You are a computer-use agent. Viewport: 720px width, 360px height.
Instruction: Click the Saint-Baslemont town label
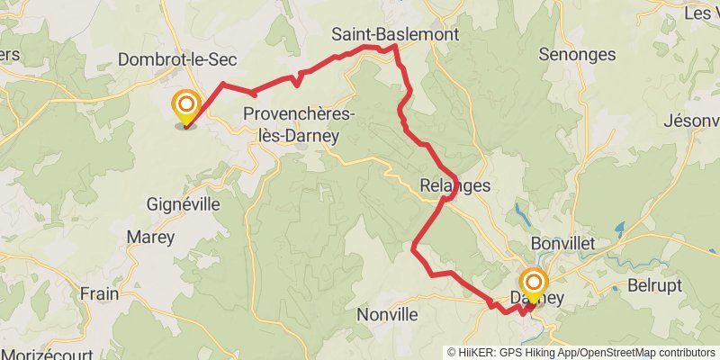pyautogui.click(x=395, y=34)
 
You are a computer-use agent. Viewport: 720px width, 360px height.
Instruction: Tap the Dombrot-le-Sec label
pyautogui.click(x=177, y=59)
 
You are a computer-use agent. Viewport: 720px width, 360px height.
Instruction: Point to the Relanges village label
pyautogui.click(x=455, y=186)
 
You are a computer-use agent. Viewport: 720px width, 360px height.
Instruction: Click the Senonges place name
pyautogui.click(x=577, y=54)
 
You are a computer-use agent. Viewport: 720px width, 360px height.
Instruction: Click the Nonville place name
pyautogui.click(x=388, y=314)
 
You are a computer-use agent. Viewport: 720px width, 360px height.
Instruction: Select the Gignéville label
pyautogui.click(x=184, y=204)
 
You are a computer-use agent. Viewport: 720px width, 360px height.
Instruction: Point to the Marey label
pyautogui.click(x=151, y=237)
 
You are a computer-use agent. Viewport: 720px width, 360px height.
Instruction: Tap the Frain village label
pyautogui.click(x=99, y=293)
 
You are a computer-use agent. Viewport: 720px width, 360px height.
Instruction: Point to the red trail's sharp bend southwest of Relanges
pyautogui.click(x=413, y=247)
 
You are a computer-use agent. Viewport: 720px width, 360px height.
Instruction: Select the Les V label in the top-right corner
pyautogui.click(x=701, y=13)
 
